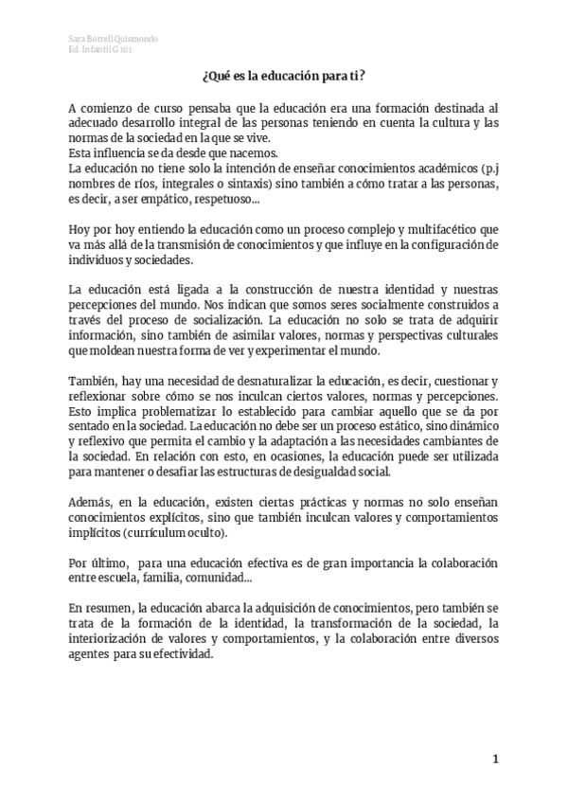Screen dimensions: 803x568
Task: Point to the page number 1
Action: click(x=494, y=758)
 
